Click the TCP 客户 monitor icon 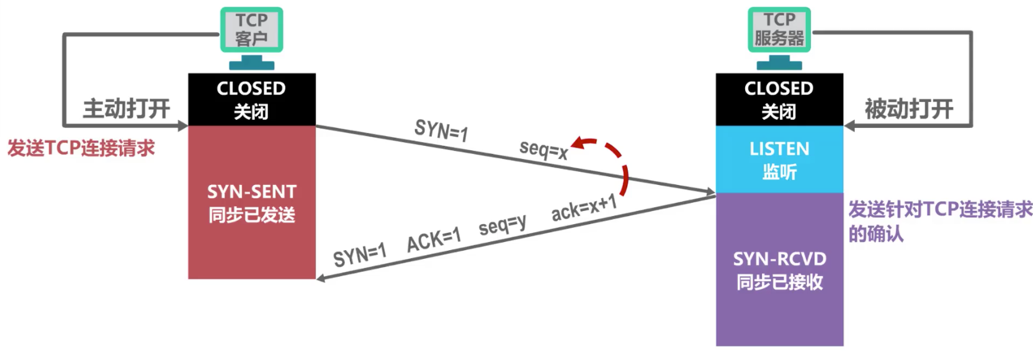(251, 38)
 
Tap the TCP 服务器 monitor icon (779, 38)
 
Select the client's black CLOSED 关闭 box (252, 99)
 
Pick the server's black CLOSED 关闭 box (779, 99)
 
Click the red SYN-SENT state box (252, 202)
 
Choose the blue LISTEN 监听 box (779, 160)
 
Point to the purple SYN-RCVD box (779, 269)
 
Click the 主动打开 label (127, 109)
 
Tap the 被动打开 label (908, 109)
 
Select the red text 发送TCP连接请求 (81, 148)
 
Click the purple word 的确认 (876, 233)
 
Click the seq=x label (543, 150)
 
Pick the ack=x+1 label (584, 208)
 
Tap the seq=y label (502, 225)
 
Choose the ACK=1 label (434, 240)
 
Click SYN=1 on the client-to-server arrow (441, 130)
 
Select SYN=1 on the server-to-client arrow (360, 255)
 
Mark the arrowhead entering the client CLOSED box (182, 125)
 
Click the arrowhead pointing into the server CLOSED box (849, 125)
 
